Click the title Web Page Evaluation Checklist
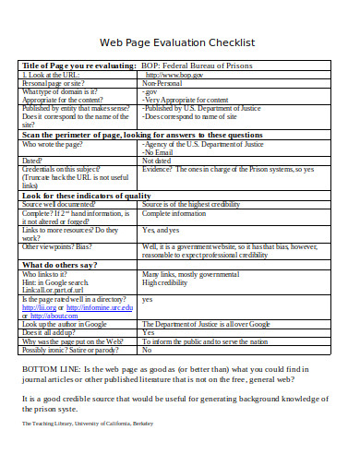[x=176, y=43]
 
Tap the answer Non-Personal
[x=165, y=83]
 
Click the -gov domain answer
[x=150, y=91]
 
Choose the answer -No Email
[x=160, y=151]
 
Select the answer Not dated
[x=156, y=160]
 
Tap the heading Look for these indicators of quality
[x=86, y=196]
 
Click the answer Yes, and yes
[x=161, y=230]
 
